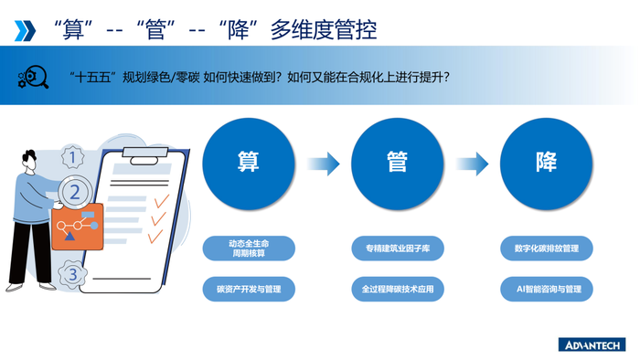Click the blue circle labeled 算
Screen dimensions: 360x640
pos(249,164)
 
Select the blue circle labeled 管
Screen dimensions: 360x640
pos(397,164)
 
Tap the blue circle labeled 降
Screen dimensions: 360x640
pos(546,164)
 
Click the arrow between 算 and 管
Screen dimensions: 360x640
pos(324,164)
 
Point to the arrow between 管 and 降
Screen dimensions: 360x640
pos(473,164)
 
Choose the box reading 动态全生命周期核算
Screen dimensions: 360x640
pos(249,249)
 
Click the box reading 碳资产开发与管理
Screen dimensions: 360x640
pos(249,290)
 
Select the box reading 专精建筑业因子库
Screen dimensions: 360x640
pos(397,249)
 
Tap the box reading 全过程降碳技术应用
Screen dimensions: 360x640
pos(397,290)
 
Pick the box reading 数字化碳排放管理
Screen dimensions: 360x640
pos(546,249)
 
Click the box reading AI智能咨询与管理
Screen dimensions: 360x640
pos(546,290)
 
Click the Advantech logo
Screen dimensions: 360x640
pos(592,344)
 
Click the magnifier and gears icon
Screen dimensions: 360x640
pos(33,78)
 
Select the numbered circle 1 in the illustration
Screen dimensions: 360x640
pos(72,158)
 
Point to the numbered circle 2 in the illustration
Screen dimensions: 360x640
pos(75,193)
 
